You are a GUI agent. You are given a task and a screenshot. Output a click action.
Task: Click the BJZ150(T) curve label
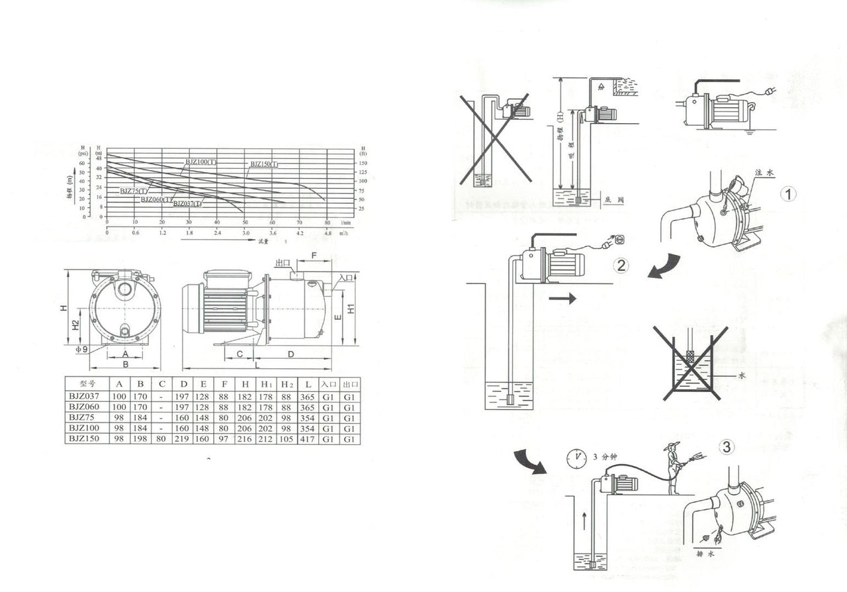264,164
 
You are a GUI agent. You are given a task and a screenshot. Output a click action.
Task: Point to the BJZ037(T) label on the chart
187,203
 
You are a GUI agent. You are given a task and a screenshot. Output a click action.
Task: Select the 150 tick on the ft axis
363,162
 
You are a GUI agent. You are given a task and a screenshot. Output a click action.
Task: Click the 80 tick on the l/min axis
327,222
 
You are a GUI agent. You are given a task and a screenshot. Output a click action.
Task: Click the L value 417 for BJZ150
308,439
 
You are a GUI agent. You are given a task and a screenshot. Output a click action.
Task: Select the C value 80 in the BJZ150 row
161,439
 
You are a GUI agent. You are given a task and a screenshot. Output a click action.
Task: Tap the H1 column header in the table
267,383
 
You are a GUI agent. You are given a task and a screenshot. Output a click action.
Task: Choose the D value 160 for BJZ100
183,428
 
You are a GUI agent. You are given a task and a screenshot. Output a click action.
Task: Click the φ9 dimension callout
81,349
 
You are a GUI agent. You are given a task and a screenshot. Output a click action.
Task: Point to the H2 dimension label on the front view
77,324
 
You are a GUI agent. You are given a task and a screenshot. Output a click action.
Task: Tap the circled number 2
621,266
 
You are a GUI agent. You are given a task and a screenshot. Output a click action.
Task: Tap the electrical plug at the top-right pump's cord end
769,92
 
